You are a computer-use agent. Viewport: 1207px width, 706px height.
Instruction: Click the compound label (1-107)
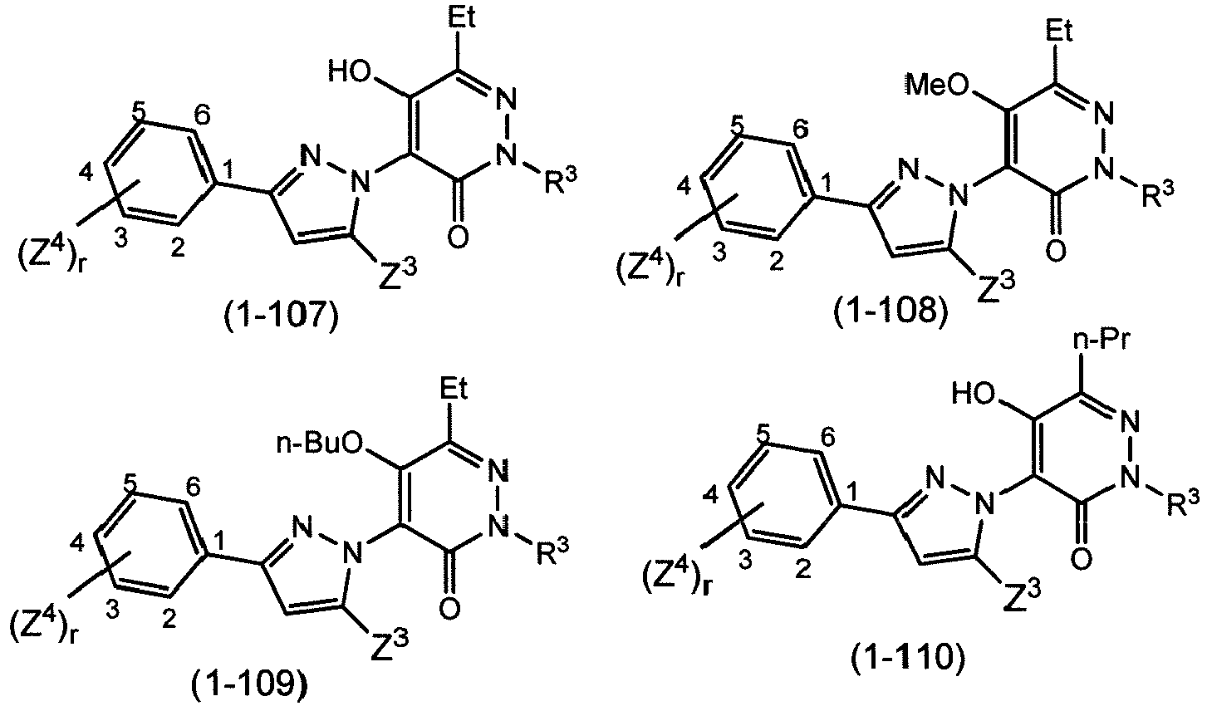pyautogui.click(x=282, y=316)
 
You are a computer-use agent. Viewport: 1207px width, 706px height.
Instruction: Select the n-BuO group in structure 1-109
pyautogui.click(x=320, y=445)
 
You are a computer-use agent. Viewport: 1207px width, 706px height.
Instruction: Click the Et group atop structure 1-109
pyautogui.click(x=454, y=388)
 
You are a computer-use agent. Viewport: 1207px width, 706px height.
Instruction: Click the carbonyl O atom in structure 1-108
pyautogui.click(x=1055, y=252)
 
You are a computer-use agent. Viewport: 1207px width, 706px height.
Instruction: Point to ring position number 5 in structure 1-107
pyautogui.click(x=138, y=112)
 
